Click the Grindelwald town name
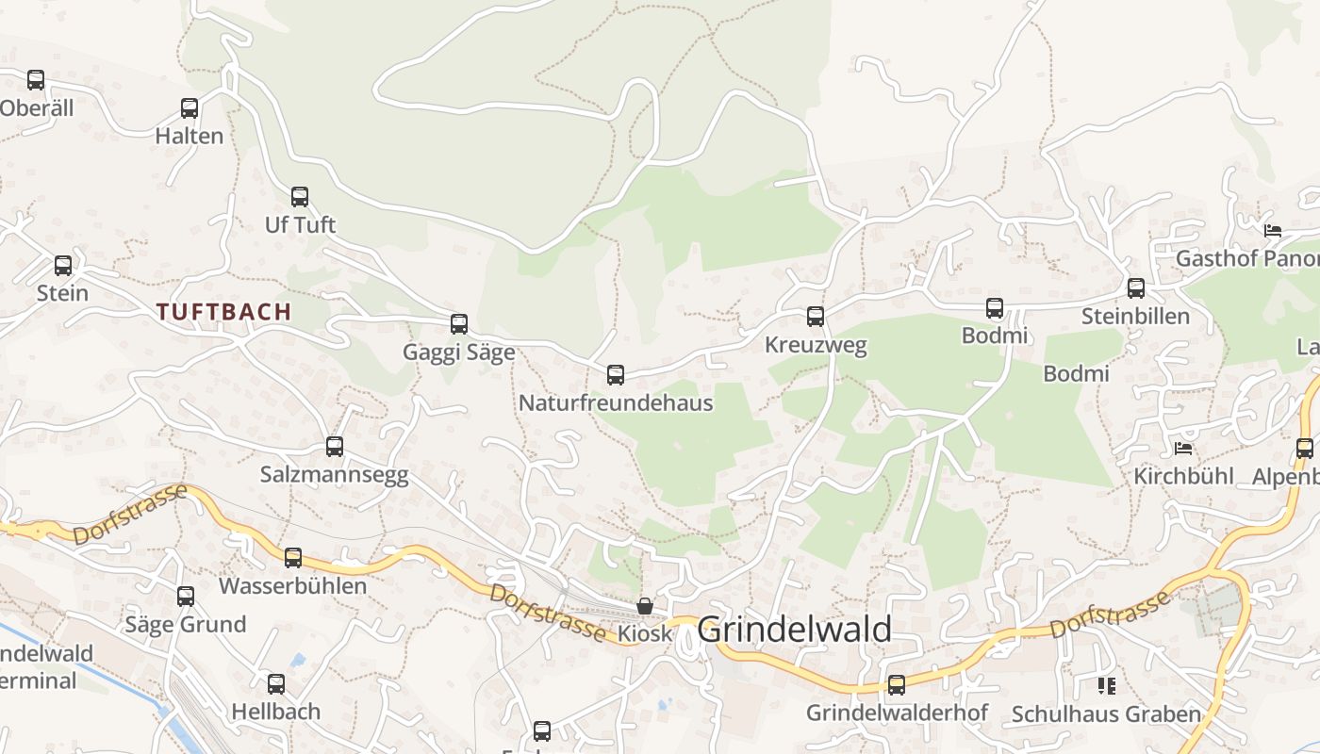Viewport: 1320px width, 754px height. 795,629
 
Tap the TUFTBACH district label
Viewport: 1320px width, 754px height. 224,312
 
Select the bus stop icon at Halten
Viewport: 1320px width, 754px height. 190,108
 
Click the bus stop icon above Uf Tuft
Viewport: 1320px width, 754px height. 300,197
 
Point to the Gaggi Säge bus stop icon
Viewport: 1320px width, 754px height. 459,324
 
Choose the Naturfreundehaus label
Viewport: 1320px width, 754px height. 616,403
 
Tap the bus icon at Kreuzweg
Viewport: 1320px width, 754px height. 816,317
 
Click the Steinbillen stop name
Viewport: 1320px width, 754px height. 1135,316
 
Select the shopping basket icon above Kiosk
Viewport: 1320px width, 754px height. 645,605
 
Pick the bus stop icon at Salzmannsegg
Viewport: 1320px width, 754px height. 335,447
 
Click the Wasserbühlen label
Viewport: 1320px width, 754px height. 292,586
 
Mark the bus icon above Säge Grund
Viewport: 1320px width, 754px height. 186,596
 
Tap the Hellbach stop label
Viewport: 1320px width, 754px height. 276,712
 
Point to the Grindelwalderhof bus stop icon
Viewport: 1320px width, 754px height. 897,685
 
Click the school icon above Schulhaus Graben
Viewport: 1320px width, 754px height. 1106,685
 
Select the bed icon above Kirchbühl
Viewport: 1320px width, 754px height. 1183,448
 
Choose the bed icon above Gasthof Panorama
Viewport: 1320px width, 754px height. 1273,230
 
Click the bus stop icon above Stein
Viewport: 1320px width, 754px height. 63,266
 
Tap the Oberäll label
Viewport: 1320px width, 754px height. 36,108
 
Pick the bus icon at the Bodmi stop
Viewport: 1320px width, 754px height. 995,308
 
